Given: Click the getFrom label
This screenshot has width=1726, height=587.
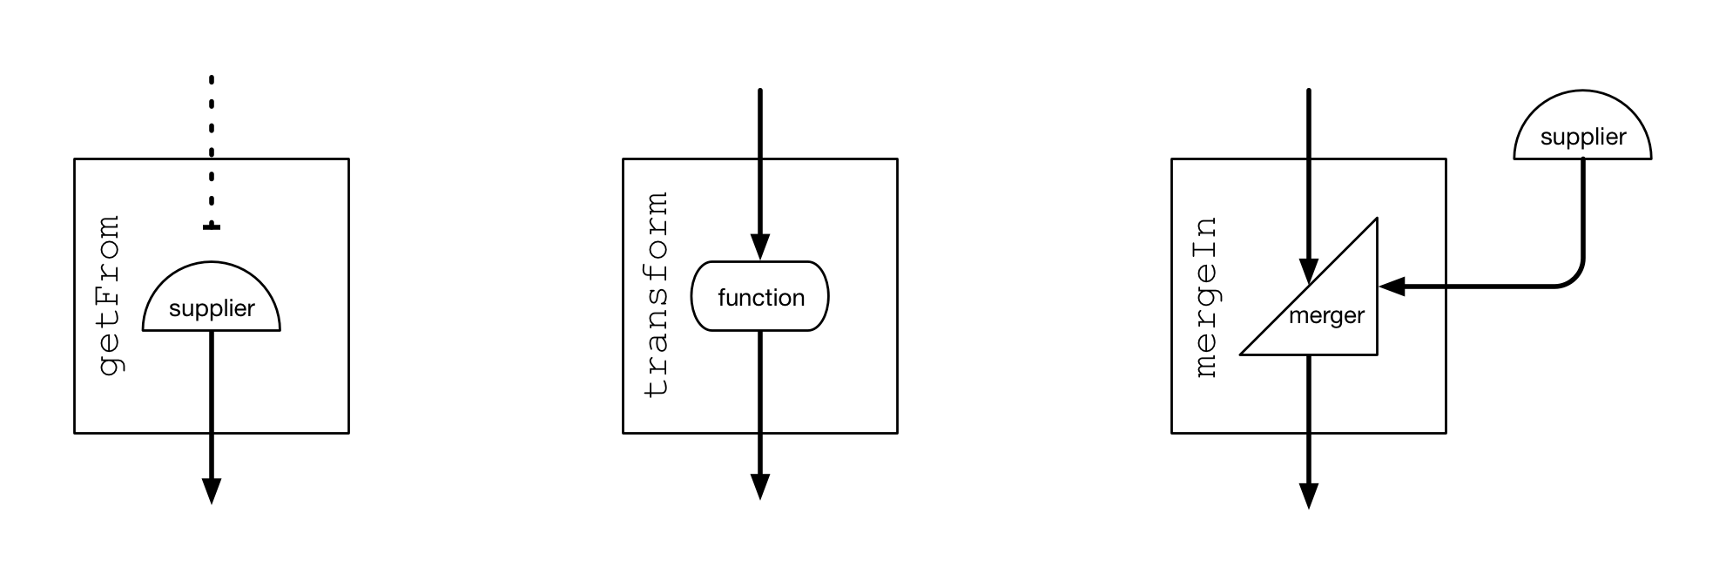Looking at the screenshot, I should (x=111, y=296).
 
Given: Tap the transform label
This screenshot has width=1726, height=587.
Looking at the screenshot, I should (x=657, y=295).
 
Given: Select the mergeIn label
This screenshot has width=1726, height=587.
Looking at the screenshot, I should (x=1206, y=297).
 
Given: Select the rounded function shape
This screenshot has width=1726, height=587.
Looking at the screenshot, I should (x=760, y=296).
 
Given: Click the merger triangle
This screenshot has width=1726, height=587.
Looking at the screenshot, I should (x=1332, y=305).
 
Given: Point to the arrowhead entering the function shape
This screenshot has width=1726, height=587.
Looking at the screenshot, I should (x=760, y=246).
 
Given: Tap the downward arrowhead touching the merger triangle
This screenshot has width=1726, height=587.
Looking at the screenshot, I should (x=1308, y=271).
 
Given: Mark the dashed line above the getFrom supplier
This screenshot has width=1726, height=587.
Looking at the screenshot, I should (x=212, y=192).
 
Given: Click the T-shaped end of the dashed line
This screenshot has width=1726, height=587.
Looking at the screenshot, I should (x=212, y=227).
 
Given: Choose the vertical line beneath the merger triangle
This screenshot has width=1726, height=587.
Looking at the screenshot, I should (x=1308, y=393).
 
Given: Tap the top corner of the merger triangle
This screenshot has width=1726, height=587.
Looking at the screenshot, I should (x=1375, y=221).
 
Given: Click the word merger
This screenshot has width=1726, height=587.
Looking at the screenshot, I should (x=1326, y=315).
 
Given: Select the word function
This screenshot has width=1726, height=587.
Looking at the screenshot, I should (x=760, y=298).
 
